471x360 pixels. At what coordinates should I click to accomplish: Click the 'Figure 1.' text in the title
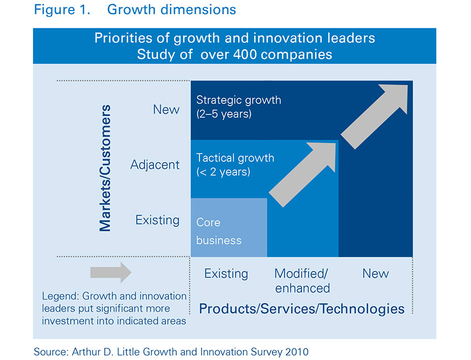(x=62, y=10)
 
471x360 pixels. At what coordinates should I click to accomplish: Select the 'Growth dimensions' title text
(x=171, y=10)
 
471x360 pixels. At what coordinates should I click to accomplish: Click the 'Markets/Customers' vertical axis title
(x=105, y=167)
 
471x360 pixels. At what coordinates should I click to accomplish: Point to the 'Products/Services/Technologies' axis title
(x=301, y=308)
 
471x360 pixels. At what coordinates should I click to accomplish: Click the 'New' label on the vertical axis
(x=166, y=110)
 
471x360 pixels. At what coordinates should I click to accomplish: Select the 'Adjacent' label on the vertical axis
(x=155, y=164)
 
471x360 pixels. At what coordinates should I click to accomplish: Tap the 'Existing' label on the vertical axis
(x=157, y=220)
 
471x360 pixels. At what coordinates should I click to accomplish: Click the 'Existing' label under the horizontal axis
(x=226, y=274)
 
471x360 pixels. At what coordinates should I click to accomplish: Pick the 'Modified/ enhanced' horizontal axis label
(x=302, y=280)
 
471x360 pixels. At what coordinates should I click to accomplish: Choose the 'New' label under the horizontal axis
(x=376, y=274)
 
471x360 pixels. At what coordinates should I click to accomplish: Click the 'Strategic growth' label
(x=238, y=100)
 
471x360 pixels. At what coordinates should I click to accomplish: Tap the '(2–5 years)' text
(x=224, y=115)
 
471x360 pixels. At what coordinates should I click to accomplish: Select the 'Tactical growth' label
(x=235, y=158)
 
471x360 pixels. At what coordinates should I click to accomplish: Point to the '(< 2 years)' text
(x=223, y=172)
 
